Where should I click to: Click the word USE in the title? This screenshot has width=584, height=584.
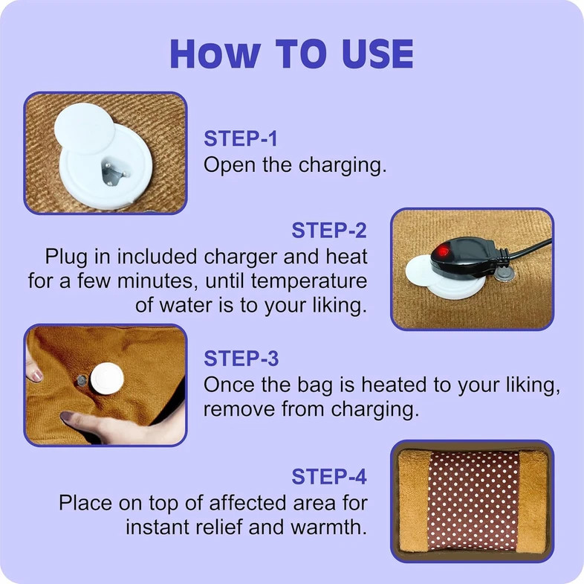[377, 54]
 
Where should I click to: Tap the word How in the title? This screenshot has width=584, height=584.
[215, 54]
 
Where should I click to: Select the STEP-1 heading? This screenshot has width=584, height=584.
[241, 138]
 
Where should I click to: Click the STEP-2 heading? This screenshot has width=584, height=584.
[329, 230]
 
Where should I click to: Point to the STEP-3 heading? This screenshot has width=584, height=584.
[241, 359]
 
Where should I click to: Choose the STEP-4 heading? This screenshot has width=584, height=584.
[329, 476]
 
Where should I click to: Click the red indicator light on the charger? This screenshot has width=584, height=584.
[443, 251]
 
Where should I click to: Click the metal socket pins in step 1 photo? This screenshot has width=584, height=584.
[113, 172]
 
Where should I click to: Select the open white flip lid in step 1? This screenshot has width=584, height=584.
[85, 128]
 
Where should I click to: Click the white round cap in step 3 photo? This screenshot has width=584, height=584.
[107, 379]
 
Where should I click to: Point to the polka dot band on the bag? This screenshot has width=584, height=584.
[473, 501]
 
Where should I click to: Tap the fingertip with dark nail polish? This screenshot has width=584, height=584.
[68, 417]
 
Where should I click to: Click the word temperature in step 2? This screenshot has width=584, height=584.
[309, 280]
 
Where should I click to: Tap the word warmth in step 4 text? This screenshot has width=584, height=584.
[328, 527]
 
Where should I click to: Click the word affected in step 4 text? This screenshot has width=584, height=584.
[248, 503]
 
